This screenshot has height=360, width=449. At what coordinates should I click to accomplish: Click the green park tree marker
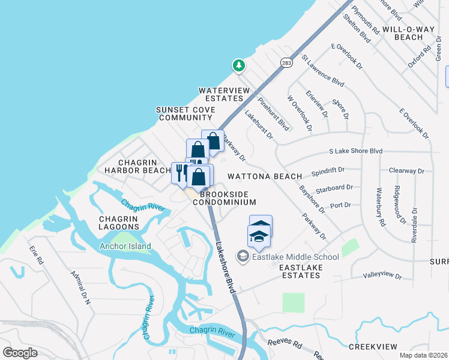[239, 65]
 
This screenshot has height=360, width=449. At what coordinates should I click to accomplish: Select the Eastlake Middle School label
[294, 257]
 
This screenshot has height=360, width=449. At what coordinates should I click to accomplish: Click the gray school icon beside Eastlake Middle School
[243, 257]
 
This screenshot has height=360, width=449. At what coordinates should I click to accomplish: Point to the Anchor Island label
[126, 246]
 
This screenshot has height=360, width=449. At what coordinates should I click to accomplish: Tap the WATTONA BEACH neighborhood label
[265, 176]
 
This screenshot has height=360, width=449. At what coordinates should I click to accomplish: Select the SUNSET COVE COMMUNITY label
[185, 114]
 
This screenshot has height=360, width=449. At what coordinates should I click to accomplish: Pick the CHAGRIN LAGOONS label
[119, 222]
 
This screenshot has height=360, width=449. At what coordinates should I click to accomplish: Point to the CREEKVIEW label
[373, 347]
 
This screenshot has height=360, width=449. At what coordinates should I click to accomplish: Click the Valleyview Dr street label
[382, 275]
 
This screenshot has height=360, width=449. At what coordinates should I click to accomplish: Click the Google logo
[20, 353]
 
